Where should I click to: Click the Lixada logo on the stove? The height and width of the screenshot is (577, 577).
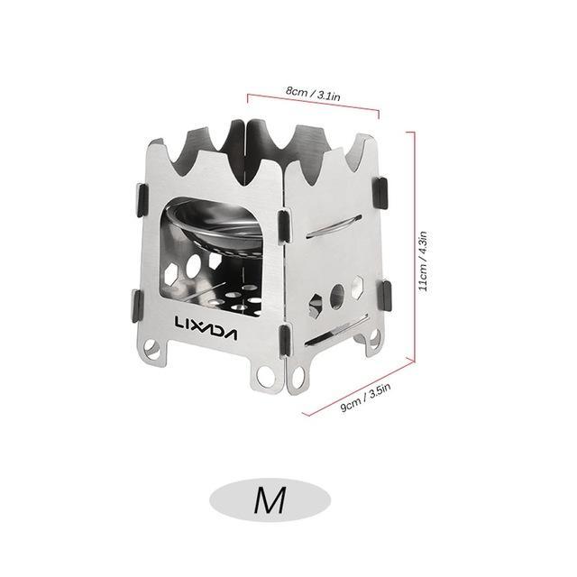206,328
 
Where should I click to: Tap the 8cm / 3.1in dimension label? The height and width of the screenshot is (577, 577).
313,93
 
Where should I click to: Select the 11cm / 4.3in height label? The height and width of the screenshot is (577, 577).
424,261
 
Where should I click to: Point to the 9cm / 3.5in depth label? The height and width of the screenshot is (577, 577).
364,397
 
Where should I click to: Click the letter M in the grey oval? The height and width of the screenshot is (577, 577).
270,500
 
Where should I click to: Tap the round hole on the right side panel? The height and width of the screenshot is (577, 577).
337,297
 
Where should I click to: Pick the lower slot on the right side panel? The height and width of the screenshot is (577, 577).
336,331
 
